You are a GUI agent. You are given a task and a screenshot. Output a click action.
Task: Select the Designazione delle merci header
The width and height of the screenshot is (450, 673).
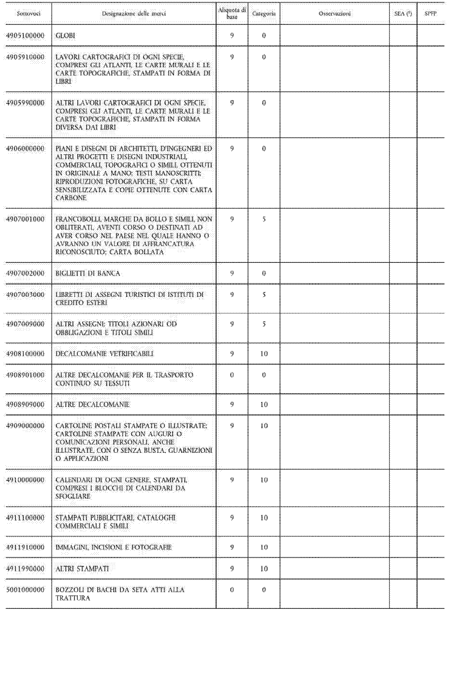point(134,14)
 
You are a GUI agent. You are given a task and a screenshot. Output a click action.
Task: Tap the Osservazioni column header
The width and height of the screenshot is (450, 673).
point(335,14)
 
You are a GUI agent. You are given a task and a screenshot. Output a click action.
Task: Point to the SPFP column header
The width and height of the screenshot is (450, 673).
point(430,14)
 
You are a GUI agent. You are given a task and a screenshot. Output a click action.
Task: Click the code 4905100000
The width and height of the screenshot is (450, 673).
point(25,36)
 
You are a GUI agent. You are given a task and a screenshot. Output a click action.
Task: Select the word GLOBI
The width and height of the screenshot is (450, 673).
point(65,36)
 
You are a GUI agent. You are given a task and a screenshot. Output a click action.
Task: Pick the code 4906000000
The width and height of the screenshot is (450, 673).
point(25,149)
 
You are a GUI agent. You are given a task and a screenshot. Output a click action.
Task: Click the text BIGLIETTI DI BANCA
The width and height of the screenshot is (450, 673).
point(88,273)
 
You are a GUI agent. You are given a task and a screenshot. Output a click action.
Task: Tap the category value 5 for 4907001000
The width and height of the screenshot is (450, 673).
point(264,219)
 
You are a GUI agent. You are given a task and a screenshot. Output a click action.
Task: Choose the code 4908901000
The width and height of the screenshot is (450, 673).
point(25,375)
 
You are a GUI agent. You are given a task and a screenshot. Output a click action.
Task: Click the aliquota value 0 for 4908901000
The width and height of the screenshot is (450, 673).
point(232,375)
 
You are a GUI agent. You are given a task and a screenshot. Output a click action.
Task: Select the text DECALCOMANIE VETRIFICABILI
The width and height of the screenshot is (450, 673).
point(105,354)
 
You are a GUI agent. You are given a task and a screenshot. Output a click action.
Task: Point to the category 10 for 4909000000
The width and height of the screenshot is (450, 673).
point(264,426)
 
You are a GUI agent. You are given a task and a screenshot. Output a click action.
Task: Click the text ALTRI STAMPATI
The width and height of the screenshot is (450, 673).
point(82,569)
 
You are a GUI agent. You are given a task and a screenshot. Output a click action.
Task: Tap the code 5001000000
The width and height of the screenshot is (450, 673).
point(25,590)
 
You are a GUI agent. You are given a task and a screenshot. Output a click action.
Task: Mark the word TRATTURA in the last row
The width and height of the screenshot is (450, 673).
point(73,598)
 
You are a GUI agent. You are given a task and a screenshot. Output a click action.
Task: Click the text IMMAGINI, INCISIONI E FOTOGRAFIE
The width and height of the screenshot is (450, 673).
point(114,548)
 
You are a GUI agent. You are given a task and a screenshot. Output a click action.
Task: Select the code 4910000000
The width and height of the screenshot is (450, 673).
point(25,480)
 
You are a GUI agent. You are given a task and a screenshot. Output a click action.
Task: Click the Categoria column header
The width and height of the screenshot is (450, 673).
point(264,14)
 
